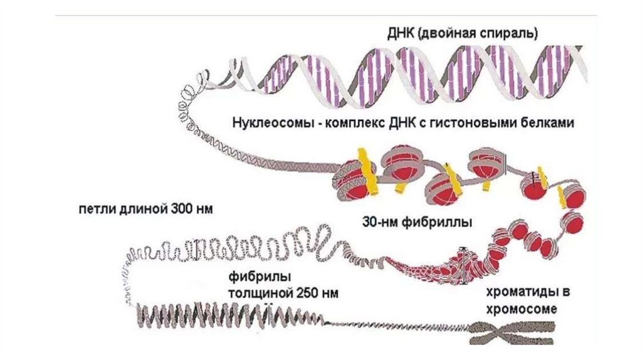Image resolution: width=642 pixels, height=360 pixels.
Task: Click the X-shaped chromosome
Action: coord(512,330)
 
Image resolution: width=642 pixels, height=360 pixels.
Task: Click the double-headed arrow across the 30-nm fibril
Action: coord(463,264)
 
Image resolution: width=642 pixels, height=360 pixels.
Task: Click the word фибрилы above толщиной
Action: coord(253,276)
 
